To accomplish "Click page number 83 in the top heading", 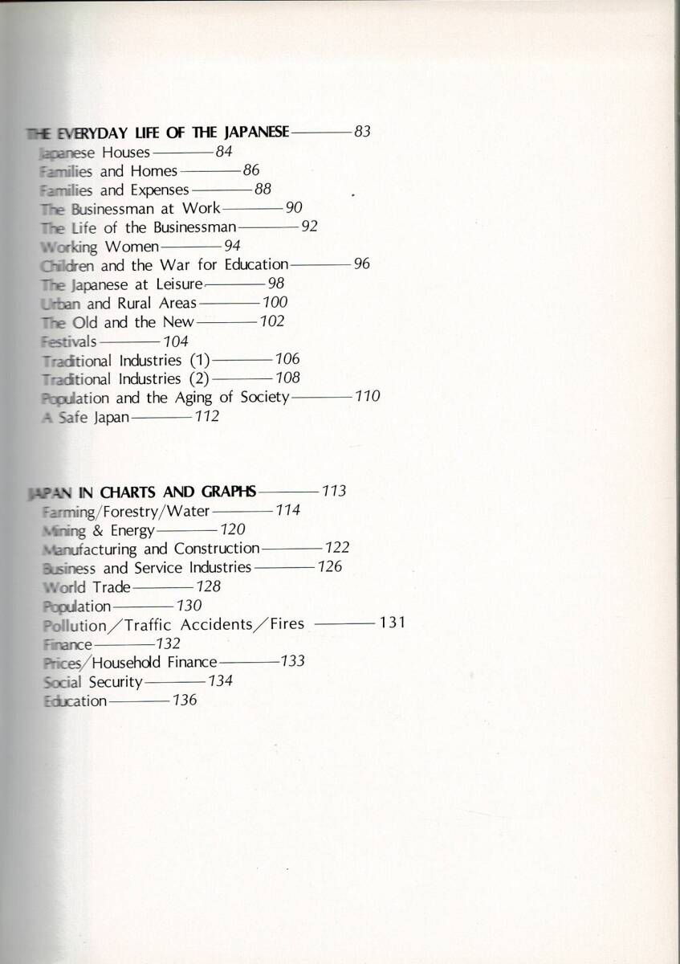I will tap(361, 132).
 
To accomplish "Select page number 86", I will tap(251, 170).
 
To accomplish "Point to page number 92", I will tap(309, 227).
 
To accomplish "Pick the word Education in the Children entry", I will tap(254, 264).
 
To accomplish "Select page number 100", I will tap(275, 303).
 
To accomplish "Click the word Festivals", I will tap(68, 341).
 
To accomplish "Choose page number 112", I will tap(206, 416).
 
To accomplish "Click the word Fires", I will tap(287, 624).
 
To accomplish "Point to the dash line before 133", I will tap(249, 662).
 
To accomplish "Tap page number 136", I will tap(185, 701).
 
